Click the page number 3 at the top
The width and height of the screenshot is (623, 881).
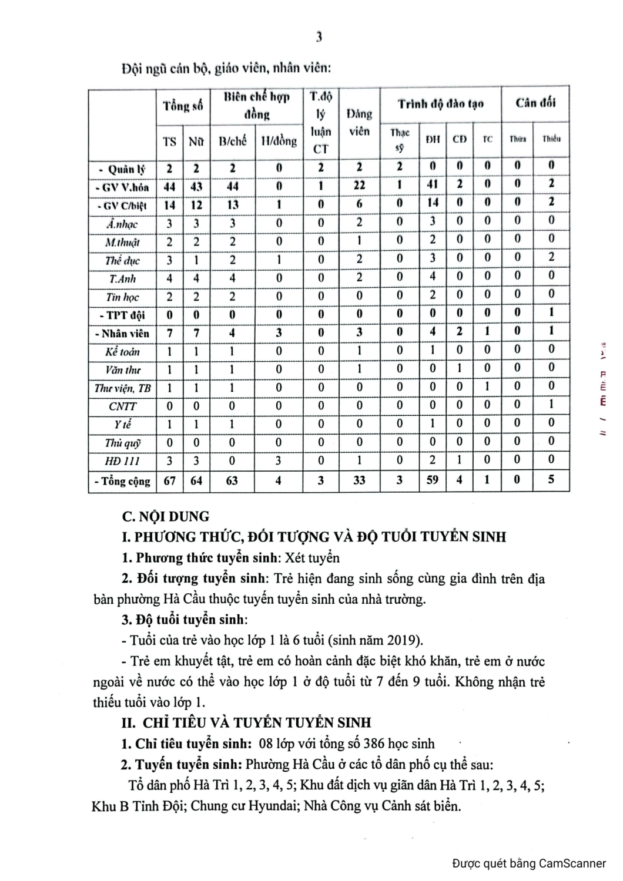click(318, 38)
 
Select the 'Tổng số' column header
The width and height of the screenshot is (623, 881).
click(182, 106)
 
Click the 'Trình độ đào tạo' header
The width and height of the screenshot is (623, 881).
click(440, 105)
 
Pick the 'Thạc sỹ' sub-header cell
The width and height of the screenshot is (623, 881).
click(400, 140)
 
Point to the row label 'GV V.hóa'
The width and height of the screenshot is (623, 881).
click(122, 187)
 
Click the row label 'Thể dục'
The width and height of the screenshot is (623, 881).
click(122, 261)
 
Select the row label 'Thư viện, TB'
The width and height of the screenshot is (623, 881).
click(122, 388)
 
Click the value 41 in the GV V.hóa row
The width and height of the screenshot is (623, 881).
click(433, 184)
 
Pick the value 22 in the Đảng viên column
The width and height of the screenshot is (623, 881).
click(359, 184)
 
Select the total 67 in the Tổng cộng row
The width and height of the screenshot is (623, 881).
click(169, 480)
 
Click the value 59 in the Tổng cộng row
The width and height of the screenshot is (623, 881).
click(433, 480)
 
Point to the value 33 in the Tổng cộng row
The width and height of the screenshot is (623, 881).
click(359, 480)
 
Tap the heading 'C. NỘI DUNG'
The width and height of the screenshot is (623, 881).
click(165, 517)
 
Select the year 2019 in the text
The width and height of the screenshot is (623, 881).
click(403, 640)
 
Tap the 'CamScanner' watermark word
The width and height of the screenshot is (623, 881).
click(572, 863)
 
